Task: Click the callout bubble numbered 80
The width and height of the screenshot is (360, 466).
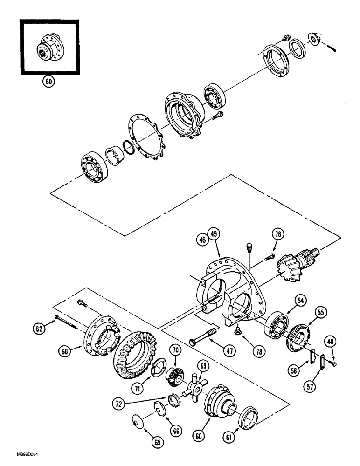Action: (x=48, y=81)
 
